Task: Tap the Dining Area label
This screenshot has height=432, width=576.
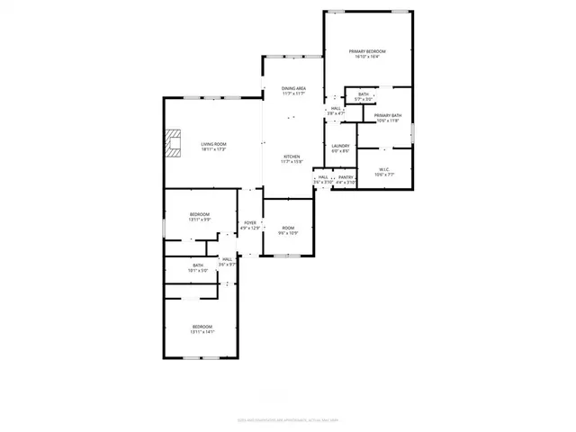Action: (x=293, y=91)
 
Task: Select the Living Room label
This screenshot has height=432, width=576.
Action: (x=213, y=146)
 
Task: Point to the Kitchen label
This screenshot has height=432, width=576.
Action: (x=292, y=158)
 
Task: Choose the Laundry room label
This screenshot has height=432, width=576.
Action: (x=340, y=148)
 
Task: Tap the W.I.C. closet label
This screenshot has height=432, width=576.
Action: (x=384, y=171)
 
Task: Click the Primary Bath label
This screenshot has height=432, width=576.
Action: (x=388, y=117)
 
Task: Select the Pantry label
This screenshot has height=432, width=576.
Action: (x=346, y=180)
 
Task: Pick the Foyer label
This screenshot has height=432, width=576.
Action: (x=250, y=225)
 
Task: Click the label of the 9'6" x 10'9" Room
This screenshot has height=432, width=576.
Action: (x=288, y=230)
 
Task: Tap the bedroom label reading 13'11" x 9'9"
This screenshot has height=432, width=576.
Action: (x=200, y=216)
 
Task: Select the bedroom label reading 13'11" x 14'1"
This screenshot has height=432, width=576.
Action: (x=202, y=328)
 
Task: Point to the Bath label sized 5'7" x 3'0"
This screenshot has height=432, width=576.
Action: (x=364, y=96)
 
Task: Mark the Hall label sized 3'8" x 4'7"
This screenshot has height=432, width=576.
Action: (x=336, y=110)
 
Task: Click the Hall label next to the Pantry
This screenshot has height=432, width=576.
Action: (x=322, y=180)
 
